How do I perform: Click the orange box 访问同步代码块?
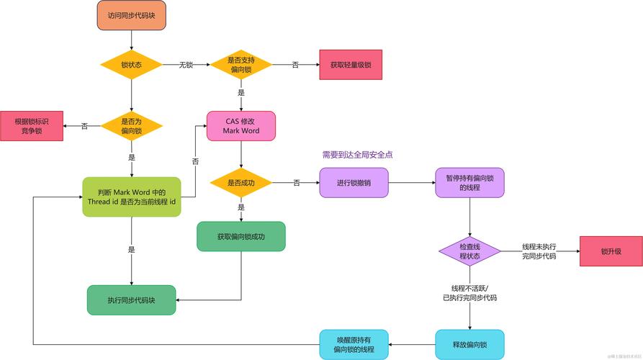pos(131,15)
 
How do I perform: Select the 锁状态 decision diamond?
pos(131,65)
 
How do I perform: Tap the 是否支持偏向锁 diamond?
pos(240,65)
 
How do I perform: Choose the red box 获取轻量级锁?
pos(351,65)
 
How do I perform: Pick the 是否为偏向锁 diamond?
pos(131,126)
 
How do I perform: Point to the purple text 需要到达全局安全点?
pos(357,154)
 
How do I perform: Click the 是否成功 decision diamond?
pos(241,183)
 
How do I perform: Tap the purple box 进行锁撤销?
pos(354,183)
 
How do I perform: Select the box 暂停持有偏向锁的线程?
pos(470,183)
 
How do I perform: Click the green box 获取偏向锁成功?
pos(241,236)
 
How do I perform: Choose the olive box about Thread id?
pos(131,196)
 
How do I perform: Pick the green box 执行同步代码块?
pos(131,300)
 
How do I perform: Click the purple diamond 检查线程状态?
pos(470,251)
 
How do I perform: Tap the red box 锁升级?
pos(611,251)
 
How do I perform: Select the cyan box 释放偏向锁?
pos(470,344)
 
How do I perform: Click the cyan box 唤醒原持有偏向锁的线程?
pos(354,344)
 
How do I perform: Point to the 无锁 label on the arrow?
pos(186,65)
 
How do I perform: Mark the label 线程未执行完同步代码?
pos(539,251)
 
